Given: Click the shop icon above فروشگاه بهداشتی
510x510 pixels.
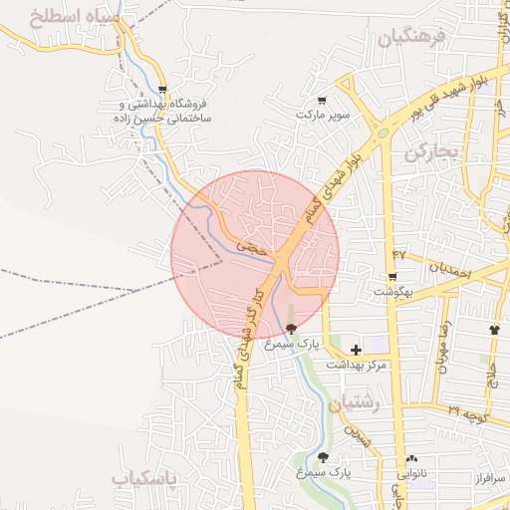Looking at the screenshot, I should click(x=162, y=89).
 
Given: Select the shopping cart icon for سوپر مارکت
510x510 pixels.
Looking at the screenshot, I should click(x=322, y=100).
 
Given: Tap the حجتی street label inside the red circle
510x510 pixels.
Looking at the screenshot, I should click(x=252, y=243).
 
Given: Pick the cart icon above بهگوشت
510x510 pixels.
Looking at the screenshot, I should click(x=392, y=277).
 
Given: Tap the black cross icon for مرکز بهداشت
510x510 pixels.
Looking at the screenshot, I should click(x=357, y=350).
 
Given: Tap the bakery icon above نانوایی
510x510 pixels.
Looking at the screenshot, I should click(x=411, y=459).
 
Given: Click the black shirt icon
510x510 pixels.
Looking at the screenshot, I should click(x=494, y=329).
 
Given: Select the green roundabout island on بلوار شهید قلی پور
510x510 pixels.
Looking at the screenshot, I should click(x=382, y=132).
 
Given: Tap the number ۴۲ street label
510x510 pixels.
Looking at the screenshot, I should click(x=399, y=256).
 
